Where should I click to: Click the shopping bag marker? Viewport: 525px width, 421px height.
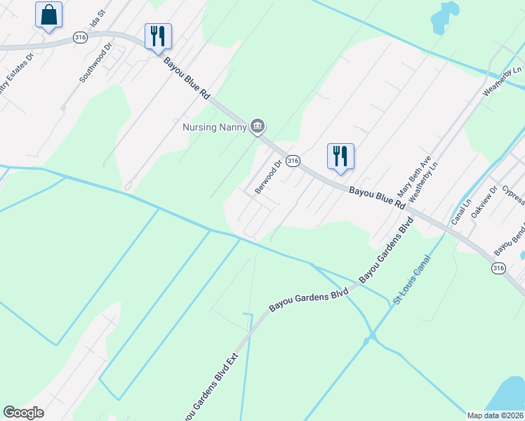pos(48,15)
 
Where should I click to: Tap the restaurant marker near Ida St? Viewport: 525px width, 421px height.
pos(158,36)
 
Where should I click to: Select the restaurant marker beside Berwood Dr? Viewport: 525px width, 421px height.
pos(340,156)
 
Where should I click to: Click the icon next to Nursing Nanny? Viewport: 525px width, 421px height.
pos(258,126)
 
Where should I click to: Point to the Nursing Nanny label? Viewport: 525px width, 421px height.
pos(215,127)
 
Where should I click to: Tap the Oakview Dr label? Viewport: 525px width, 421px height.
pos(484,201)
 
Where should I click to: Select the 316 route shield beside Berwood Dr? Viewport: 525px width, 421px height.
pos(293,161)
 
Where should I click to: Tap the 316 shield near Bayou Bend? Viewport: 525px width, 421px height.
pos(498,268)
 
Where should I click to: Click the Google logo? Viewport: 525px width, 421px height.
pos(23,413)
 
